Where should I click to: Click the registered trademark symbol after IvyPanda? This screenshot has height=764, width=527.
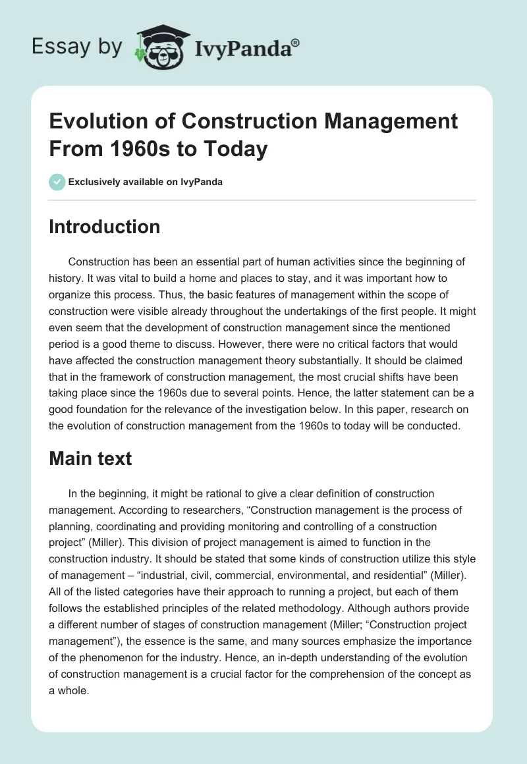(x=296, y=43)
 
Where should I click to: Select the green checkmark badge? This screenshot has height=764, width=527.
(x=57, y=182)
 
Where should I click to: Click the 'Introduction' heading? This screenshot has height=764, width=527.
(x=104, y=227)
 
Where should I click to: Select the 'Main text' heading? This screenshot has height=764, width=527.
(x=90, y=458)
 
